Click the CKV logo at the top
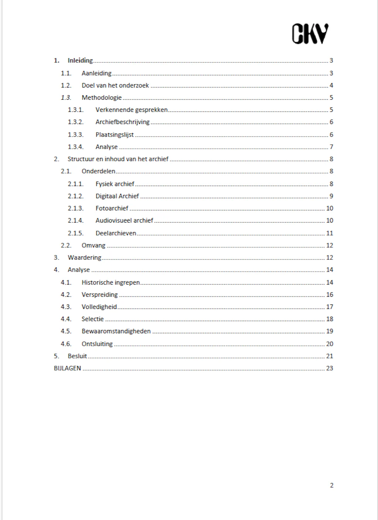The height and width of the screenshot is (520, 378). tap(310, 34)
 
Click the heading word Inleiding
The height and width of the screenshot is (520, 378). tap(80, 61)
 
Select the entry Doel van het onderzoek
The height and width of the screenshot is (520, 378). tap(115, 85)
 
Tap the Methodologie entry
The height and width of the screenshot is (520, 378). tap(102, 97)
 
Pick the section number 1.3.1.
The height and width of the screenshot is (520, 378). tap(75, 110)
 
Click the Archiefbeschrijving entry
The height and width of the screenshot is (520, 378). tap(123, 122)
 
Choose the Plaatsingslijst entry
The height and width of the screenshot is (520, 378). tap(114, 135)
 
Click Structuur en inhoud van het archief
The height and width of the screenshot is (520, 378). tap(118, 159)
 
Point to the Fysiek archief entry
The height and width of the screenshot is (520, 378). tap(115, 184)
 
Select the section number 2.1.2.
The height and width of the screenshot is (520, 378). tap(75, 196)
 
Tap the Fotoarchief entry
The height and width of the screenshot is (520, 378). tap(112, 208)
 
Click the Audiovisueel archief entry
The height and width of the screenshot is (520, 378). tap(124, 220)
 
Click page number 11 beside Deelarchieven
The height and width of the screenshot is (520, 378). tap(330, 233)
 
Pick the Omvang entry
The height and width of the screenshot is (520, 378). tap(93, 245)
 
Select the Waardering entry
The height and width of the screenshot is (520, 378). tap(84, 258)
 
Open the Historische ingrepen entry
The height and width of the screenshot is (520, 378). tap(111, 282)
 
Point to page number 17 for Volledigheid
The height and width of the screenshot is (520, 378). tap(330, 307)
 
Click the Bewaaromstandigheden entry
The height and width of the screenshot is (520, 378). tap(116, 331)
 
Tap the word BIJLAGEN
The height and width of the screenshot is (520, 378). tap(67, 368)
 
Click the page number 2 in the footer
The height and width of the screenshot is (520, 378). tap(331, 485)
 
